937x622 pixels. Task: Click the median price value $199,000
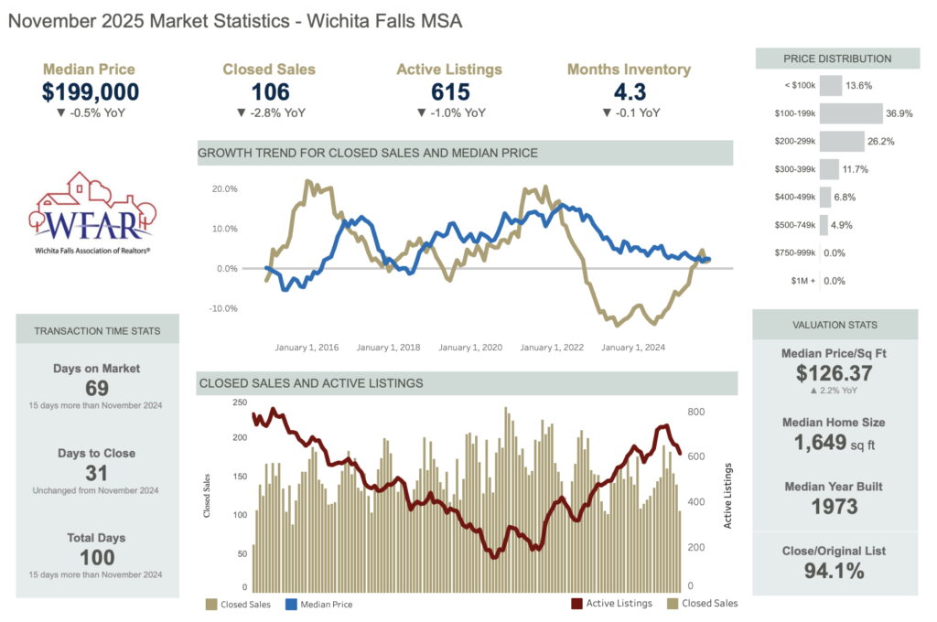point(91,91)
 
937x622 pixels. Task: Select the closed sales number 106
point(270,91)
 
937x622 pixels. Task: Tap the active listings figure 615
point(450,91)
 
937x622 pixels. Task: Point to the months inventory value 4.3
point(629,91)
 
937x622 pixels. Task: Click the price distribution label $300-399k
point(793,170)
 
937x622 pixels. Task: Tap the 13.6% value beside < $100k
point(859,85)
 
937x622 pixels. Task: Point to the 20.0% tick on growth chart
point(224,188)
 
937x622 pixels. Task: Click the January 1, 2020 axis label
point(470,348)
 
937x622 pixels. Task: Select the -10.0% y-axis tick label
point(223,308)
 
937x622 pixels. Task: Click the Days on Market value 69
point(96,388)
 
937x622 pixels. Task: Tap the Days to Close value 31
point(96,473)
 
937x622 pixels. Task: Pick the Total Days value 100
point(96,557)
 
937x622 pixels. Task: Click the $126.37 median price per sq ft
point(834,373)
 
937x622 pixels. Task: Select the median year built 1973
point(834,507)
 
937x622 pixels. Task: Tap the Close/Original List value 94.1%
point(834,572)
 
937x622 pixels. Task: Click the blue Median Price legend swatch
point(292,605)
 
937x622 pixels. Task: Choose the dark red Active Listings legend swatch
point(577,604)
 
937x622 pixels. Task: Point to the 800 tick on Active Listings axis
point(695,413)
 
